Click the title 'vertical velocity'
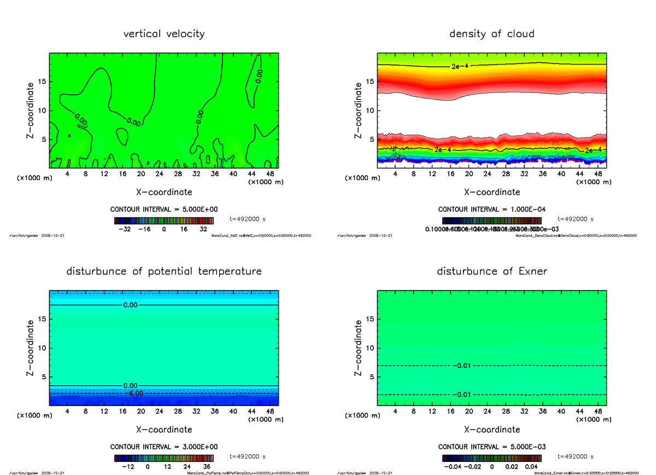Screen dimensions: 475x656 [x=164, y=34]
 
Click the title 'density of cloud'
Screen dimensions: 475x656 [x=491, y=34]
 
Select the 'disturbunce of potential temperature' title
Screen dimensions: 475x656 [x=164, y=271]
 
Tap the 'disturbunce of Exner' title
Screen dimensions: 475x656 [x=491, y=271]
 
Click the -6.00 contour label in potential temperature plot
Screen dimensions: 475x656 [x=133, y=393]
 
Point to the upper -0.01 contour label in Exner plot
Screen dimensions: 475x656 [x=462, y=366]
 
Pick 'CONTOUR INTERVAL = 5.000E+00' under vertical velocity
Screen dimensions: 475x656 [x=164, y=210]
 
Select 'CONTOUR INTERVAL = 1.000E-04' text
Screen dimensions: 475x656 [x=492, y=210]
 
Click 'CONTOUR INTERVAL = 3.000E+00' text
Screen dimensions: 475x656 [x=164, y=447]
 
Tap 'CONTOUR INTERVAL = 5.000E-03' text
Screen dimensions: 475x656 [x=492, y=447]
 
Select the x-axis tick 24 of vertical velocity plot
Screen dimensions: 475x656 [x=159, y=173]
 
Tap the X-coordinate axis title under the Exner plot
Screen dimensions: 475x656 [x=491, y=430]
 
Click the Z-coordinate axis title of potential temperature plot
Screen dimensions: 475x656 [x=31, y=349]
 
